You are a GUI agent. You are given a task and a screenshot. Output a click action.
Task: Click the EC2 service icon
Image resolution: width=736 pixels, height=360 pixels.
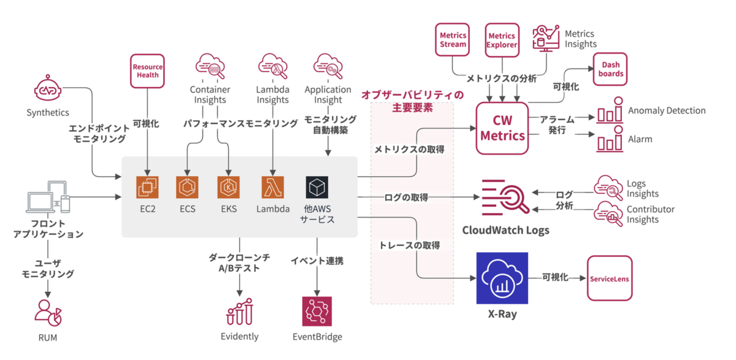pos(148,188)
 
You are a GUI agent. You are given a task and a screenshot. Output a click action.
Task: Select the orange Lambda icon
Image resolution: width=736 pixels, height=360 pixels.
pos(272,188)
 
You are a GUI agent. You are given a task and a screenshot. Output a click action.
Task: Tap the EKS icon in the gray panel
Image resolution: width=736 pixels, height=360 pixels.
pos(228,188)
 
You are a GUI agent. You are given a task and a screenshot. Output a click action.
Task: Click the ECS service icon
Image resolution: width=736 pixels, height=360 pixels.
pos(187,188)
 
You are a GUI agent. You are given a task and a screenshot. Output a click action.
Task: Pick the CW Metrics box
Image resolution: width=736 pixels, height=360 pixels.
pos(503,128)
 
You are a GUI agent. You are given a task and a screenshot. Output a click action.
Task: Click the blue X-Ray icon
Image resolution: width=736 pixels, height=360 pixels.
pos(502,278)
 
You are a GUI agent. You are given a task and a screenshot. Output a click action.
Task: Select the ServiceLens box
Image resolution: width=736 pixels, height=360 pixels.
pos(609,278)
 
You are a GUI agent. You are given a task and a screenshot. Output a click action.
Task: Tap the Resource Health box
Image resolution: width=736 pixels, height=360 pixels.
pos(148,71)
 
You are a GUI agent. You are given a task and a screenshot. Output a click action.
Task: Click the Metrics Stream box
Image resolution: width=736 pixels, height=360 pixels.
pos(453,40)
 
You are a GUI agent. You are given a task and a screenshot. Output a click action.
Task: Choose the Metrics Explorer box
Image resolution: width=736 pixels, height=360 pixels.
pos(502,40)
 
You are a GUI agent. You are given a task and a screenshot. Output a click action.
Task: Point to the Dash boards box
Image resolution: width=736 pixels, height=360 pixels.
pos(611,69)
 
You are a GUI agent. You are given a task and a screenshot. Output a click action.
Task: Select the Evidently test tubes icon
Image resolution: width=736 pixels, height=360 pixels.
pos(239,312)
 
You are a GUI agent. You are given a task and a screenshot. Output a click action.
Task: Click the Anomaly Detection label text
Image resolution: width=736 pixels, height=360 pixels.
pos(666,111)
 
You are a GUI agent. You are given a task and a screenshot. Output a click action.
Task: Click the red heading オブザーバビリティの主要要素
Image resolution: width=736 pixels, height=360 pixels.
pos(412,101)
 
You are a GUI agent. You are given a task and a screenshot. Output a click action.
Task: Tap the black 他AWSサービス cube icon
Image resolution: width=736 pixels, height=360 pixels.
pos(317,188)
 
